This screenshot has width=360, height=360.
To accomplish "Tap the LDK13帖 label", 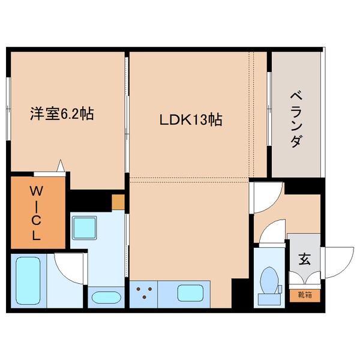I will pos(190,119).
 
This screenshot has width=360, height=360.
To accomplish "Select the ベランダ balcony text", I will pos(295,121).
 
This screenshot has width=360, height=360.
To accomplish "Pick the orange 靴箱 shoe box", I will pos(304,295).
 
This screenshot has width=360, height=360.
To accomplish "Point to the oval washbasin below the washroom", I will pos(106,296).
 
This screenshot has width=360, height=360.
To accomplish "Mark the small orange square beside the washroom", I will pos(118,202).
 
